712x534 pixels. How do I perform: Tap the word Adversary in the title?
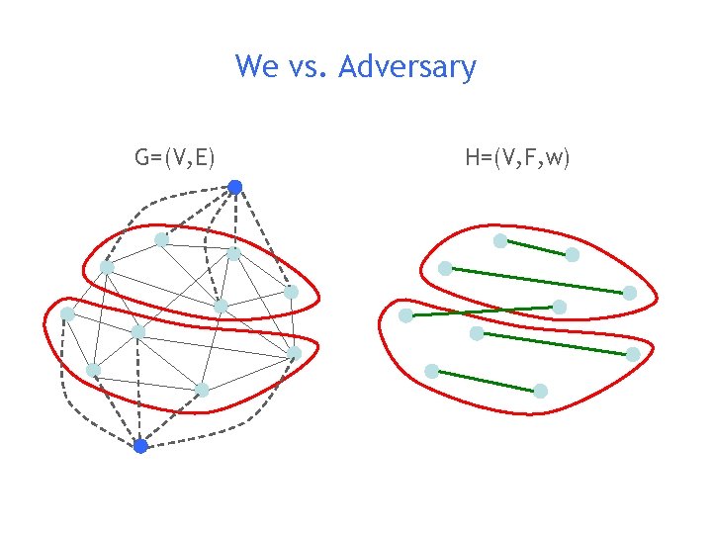pos(407,68)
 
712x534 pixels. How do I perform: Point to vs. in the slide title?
pos(311,68)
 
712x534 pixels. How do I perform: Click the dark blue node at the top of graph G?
pos(235,187)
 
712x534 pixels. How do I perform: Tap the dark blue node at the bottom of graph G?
pos(140,446)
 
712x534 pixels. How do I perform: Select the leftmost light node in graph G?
pos(66,313)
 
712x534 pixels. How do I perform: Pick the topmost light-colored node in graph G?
pos(161,239)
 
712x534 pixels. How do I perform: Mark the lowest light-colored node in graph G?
pos(202,390)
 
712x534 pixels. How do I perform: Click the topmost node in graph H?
pos(500,240)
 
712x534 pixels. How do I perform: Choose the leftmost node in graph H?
pos(405,316)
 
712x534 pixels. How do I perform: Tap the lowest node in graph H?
pos(540,391)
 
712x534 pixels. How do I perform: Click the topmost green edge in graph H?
pos(536,247)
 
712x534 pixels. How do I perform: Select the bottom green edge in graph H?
pos(486,381)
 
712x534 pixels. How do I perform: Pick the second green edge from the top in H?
pos(537,279)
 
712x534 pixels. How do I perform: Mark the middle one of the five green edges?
pos(483,311)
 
